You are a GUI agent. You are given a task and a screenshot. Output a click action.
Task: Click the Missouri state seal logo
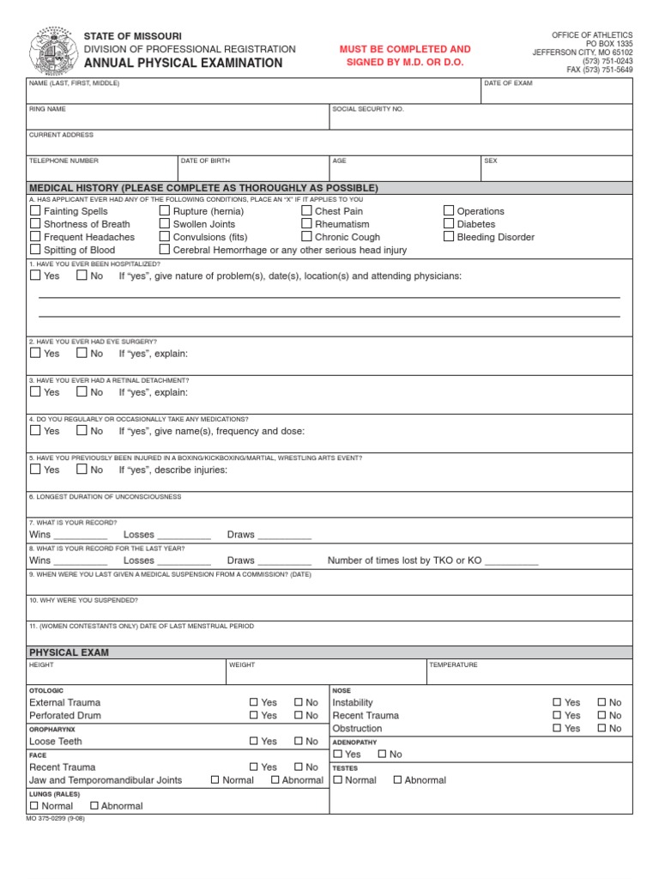click(x=53, y=51)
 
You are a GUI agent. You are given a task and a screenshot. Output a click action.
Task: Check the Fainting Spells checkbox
click(x=35, y=210)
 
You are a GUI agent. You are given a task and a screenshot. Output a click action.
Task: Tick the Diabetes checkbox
click(x=449, y=223)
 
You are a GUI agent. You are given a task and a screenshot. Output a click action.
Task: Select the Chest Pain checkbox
click(x=306, y=210)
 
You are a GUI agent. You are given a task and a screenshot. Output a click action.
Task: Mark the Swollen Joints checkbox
click(x=165, y=223)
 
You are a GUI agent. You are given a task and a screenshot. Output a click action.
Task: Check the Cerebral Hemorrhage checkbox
click(x=165, y=250)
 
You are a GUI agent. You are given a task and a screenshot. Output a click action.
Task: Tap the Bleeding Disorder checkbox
click(x=449, y=237)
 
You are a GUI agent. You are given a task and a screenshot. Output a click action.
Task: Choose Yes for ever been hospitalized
click(x=35, y=276)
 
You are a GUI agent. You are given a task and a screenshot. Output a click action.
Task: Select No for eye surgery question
click(x=82, y=353)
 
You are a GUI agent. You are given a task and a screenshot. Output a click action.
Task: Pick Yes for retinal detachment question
click(x=35, y=391)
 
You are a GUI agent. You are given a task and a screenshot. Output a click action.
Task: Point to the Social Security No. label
click(x=368, y=109)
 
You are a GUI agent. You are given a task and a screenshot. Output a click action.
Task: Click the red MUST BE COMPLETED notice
click(x=405, y=56)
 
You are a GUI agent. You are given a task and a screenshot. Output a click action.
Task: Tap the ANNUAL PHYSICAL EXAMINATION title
click(x=183, y=63)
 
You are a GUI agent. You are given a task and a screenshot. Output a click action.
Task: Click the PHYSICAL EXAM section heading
click(x=70, y=652)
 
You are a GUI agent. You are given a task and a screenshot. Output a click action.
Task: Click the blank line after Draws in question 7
click(x=284, y=536)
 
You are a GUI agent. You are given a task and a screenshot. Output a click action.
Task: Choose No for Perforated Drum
click(x=299, y=715)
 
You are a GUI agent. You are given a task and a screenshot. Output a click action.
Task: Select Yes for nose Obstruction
click(x=558, y=728)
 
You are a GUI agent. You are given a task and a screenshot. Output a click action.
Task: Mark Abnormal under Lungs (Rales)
click(x=95, y=806)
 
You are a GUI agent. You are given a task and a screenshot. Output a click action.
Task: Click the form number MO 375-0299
click(x=57, y=818)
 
